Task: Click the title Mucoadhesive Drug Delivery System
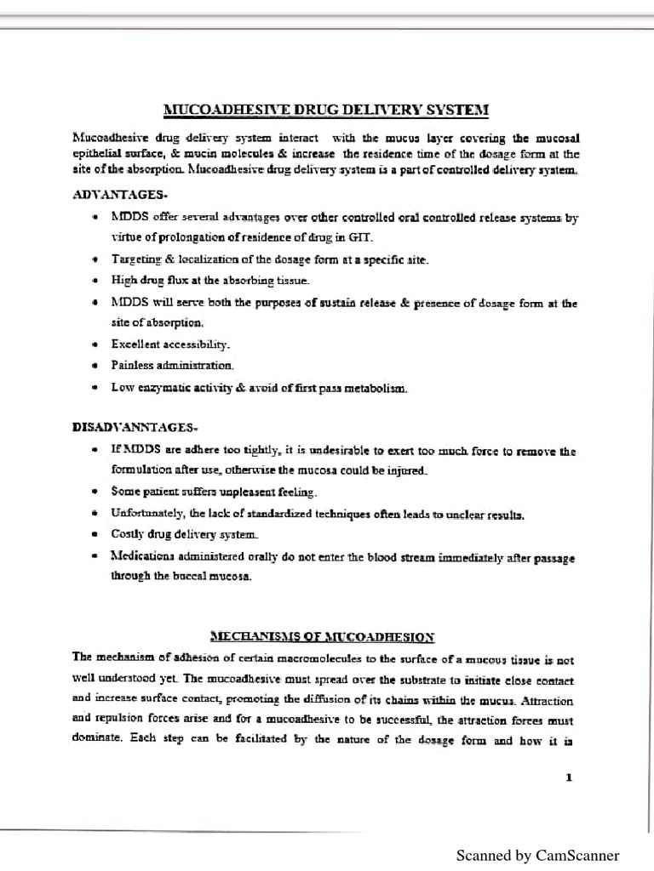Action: pyautogui.click(x=326, y=110)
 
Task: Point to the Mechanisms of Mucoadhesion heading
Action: pyautogui.click(x=323, y=636)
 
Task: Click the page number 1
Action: pyautogui.click(x=568, y=777)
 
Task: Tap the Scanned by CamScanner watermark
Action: pyautogui.click(x=537, y=856)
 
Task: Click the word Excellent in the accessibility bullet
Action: pyautogui.click(x=138, y=344)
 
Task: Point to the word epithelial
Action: pyautogui.click(x=99, y=154)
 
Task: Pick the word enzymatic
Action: pyautogui.click(x=163, y=388)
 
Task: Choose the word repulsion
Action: pyautogui.click(x=129, y=720)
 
